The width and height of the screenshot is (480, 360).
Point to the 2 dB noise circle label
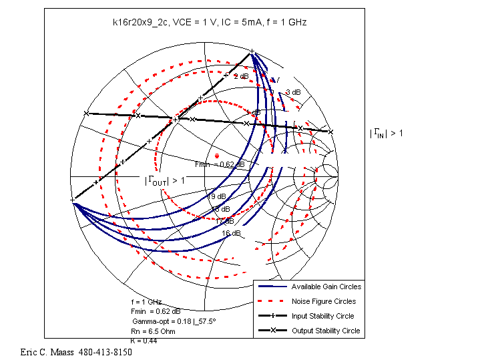pyautogui.click(x=240, y=76)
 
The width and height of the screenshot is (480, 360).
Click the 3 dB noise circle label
pyautogui.click(x=292, y=92)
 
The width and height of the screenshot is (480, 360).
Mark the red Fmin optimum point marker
pyautogui.click(x=217, y=156)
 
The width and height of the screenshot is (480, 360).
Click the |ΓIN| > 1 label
pyautogui.click(x=387, y=134)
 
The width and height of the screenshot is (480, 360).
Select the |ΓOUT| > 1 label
pyautogui.click(x=165, y=180)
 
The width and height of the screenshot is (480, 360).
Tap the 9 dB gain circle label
pyautogui.click(x=219, y=197)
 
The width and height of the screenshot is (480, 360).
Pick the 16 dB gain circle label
pyautogui.click(x=231, y=233)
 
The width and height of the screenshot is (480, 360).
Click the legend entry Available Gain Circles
pyautogui.click(x=326, y=287)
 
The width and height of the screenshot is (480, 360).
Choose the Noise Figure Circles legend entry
pyautogui.click(x=324, y=301)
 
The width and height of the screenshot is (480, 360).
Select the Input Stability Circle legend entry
pyautogui.click(x=323, y=316)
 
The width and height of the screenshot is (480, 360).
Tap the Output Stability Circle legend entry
pyautogui.click(x=325, y=331)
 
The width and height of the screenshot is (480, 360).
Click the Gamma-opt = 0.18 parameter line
pyautogui.click(x=174, y=321)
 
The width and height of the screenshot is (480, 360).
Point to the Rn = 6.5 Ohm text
pyautogui.click(x=154, y=331)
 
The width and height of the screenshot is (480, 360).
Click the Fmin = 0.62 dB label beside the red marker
pyautogui.click(x=220, y=164)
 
